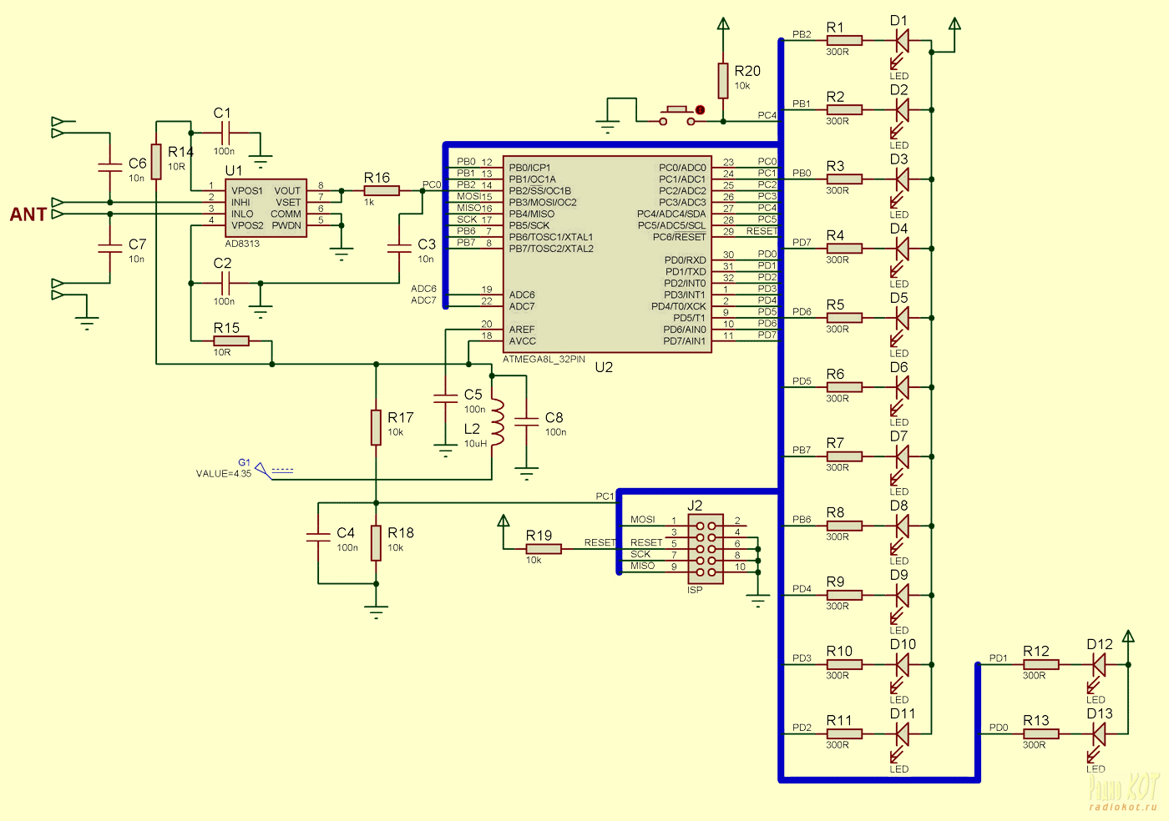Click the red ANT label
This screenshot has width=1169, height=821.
click(x=28, y=214)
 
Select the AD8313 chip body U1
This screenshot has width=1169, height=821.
click(x=266, y=208)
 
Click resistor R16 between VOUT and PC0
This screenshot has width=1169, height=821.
click(x=382, y=191)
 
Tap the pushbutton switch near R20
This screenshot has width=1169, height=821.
click(x=677, y=116)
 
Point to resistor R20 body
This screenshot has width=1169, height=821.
click(x=723, y=81)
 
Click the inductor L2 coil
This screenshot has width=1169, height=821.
click(x=498, y=422)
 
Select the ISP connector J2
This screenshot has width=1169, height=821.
click(x=706, y=549)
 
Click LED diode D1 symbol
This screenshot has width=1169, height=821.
click(x=902, y=41)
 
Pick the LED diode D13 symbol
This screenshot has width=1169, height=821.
click(x=1099, y=734)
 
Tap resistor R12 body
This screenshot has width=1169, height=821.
click(x=1040, y=664)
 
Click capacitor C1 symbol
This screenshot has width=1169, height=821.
click(x=225, y=133)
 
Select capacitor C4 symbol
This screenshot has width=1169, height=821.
click(x=318, y=537)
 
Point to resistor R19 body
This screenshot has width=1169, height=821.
click(x=544, y=549)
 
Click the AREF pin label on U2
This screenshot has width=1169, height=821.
click(x=522, y=329)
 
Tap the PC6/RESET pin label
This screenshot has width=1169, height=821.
click(x=679, y=237)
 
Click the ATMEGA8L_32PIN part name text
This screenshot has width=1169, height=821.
click(x=544, y=360)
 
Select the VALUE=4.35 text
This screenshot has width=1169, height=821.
click(x=224, y=474)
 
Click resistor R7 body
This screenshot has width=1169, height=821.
click(x=844, y=456)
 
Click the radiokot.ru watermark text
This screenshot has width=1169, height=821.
click(x=1123, y=807)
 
